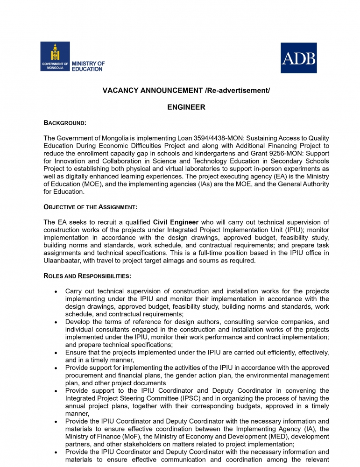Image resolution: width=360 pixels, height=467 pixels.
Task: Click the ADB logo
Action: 298,58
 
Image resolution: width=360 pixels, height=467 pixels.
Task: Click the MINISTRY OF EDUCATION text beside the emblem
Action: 88,66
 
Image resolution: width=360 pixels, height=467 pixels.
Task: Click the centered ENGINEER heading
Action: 186,107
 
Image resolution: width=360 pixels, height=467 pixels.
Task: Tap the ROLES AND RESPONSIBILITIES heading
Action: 87,276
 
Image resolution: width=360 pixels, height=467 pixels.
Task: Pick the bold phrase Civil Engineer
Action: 176,222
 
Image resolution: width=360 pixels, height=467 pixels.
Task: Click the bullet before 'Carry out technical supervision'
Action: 56,291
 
